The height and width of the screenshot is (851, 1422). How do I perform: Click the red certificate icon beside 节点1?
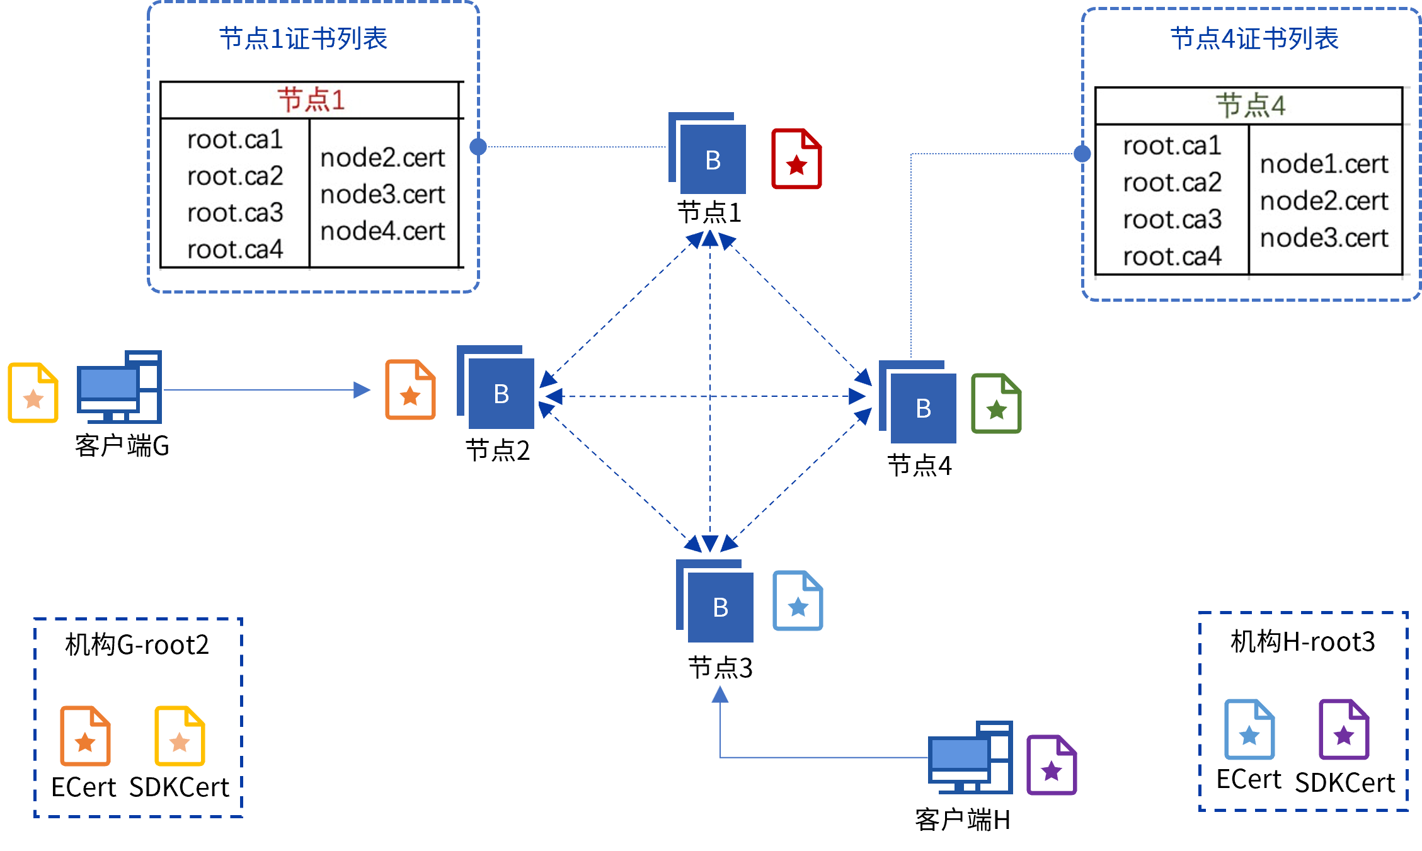pos(796,159)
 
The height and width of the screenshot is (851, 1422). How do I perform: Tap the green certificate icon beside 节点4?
pos(996,403)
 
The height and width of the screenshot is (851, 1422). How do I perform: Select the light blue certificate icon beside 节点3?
pos(798,600)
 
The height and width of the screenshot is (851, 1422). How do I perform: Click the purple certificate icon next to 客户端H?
pos(1052,765)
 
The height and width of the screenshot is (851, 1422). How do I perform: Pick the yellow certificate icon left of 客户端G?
pos(33,392)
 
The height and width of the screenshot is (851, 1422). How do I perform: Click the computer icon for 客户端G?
pos(119,387)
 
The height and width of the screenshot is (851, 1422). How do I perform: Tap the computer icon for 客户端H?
pos(970,757)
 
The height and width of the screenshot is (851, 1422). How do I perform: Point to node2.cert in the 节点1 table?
pos(382,158)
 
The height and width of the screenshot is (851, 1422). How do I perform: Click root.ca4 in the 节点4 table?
pos(1172,256)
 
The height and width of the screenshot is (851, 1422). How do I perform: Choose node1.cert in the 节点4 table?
pos(1324,164)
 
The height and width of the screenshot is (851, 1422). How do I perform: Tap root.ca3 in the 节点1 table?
pos(235,213)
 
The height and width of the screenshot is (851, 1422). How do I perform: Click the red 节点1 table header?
pos(311,100)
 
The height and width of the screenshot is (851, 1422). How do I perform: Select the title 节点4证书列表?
pos(1254,38)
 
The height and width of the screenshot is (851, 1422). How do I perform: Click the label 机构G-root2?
pos(137,644)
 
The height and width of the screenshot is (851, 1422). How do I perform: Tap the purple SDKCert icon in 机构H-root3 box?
pos(1344,729)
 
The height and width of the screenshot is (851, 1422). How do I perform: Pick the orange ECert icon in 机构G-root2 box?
pos(85,736)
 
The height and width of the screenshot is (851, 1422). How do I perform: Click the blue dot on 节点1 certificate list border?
pos(478,147)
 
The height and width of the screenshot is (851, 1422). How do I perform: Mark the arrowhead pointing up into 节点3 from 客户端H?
pos(720,695)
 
